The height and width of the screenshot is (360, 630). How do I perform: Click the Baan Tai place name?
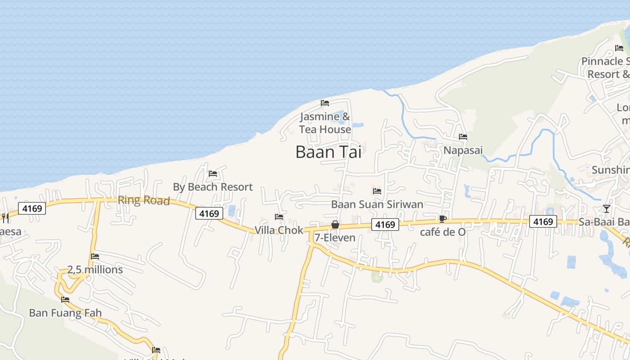tap(328, 152)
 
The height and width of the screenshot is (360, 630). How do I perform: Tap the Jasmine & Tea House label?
tap(325, 123)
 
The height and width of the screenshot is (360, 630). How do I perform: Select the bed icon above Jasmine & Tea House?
tap(325, 103)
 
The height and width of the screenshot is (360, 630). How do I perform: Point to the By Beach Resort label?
tap(213, 187)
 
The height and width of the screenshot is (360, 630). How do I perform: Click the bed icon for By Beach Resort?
tap(213, 174)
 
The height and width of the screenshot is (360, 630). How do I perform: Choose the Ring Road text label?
tap(144, 201)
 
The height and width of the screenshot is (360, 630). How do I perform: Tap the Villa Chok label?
tap(279, 230)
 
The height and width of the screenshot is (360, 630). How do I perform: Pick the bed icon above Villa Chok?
tap(279, 217)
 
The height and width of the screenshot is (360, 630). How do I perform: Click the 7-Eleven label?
tap(335, 238)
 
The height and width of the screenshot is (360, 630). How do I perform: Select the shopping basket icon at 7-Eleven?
tap(335, 225)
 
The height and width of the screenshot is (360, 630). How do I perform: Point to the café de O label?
tap(443, 232)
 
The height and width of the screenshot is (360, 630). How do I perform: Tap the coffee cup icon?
tap(443, 219)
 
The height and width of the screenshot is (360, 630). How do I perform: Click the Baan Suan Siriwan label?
tap(377, 204)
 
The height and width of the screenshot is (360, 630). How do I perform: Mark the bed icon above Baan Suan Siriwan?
tap(377, 191)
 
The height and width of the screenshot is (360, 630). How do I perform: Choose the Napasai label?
tap(463, 150)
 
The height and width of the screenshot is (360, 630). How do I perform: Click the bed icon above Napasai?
tap(463, 137)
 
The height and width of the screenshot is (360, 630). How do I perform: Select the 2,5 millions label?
tap(95, 270)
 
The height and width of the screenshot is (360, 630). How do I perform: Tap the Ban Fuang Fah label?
tap(65, 313)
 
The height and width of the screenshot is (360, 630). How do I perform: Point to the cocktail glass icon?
tap(607, 209)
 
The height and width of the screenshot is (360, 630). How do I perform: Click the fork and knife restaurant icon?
tap(5, 218)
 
